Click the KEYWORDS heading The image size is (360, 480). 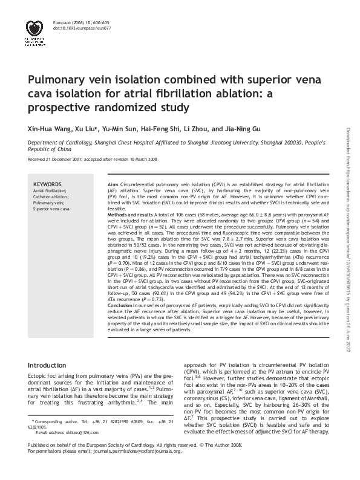47,184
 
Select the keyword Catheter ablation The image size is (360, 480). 50,196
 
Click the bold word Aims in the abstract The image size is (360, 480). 113,183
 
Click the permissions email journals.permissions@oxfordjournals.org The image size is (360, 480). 140,469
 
